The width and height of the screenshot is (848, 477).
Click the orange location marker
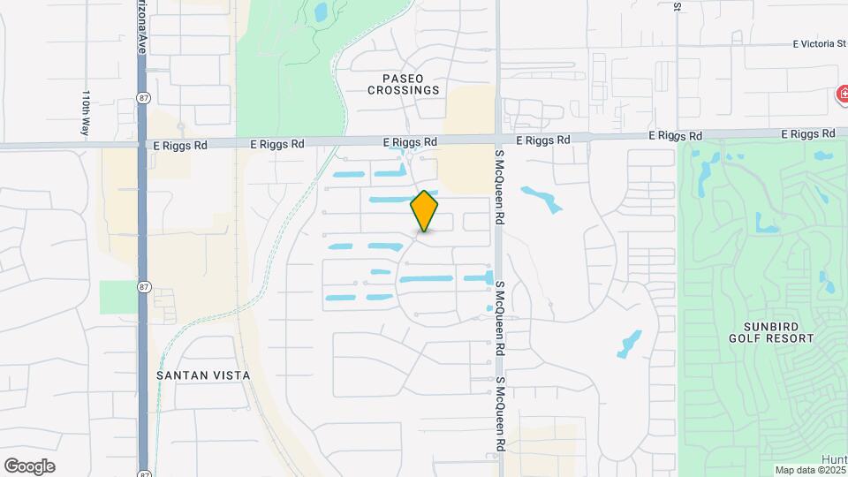click(424, 210)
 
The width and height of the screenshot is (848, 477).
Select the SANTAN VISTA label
click(203, 375)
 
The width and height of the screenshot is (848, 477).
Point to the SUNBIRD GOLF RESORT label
click(771, 332)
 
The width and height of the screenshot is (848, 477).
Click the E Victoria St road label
click(820, 42)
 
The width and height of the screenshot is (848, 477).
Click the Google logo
click(29, 466)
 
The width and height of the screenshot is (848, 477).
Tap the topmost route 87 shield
click(142, 95)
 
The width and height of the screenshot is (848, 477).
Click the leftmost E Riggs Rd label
click(179, 145)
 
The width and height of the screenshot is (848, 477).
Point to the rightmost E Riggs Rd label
click(808, 133)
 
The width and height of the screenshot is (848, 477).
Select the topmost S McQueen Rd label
click(499, 185)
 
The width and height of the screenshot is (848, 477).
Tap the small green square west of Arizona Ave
click(117, 297)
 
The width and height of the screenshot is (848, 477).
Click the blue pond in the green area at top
click(320, 12)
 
